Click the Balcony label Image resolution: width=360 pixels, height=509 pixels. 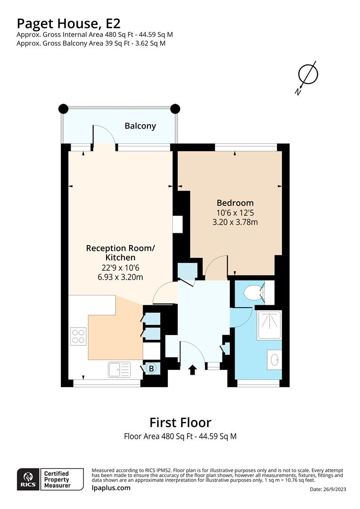[x=140, y=126]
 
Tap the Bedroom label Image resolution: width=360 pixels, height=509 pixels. [x=235, y=203]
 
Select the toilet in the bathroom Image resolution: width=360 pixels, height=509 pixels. [x=254, y=293]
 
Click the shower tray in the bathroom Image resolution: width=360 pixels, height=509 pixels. [x=269, y=325]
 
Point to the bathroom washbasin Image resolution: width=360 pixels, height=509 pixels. [x=274, y=360]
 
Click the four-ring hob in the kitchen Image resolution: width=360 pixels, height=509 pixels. [x=78, y=337]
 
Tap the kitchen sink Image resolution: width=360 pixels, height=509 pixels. [x=119, y=370]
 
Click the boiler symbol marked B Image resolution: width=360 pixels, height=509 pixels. [x=151, y=369]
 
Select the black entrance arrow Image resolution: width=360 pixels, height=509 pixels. [x=193, y=370]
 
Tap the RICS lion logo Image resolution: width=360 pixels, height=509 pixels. [x=28, y=479]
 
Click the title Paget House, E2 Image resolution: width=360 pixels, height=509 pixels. [x=68, y=24]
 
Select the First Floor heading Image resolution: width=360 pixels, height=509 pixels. [x=180, y=423]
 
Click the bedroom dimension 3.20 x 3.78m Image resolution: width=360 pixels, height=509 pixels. [x=235, y=222]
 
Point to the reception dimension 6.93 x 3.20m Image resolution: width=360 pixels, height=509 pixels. [x=120, y=277]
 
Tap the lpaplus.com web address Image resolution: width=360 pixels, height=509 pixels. [x=111, y=488]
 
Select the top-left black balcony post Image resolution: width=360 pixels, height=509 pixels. [x=63, y=108]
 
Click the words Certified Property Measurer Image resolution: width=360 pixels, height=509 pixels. [x=57, y=479]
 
